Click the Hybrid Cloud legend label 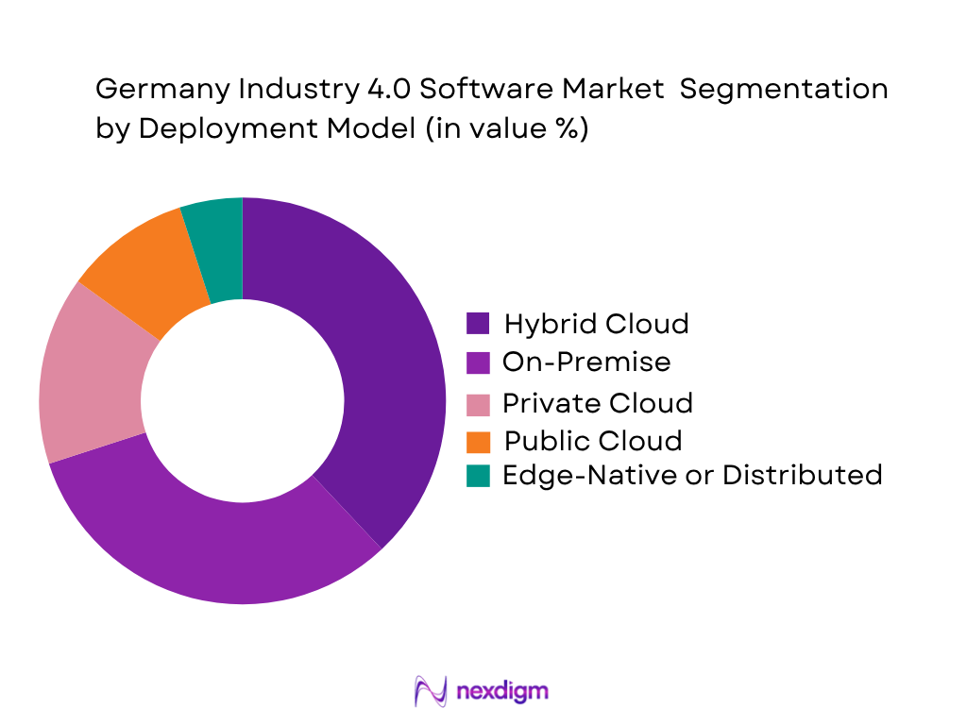point(596,324)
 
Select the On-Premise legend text point(586,362)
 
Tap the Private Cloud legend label point(598,403)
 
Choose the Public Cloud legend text point(592,441)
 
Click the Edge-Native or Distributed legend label point(692,474)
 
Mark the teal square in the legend point(479,476)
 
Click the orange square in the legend point(479,441)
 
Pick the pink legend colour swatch point(479,403)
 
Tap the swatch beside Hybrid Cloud point(479,324)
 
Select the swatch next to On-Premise point(479,362)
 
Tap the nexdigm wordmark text point(501,691)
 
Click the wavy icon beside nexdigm point(431,691)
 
